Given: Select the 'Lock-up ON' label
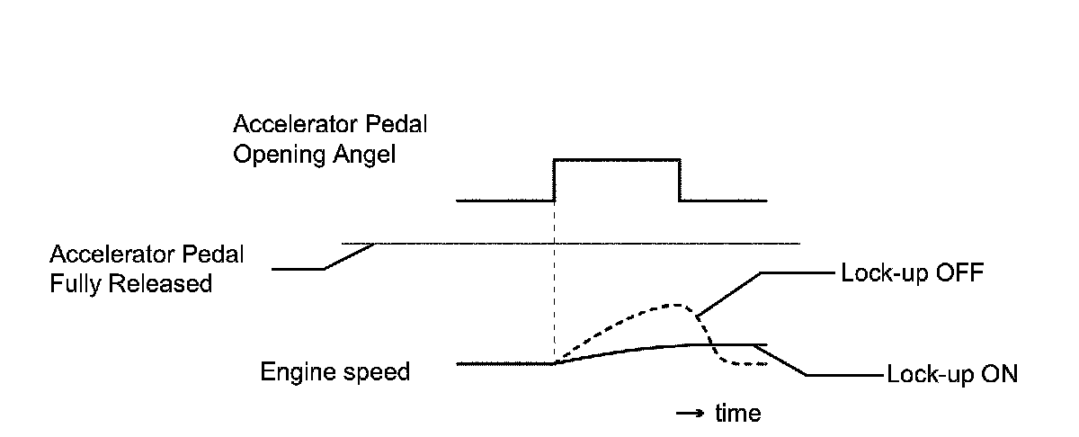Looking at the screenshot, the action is point(952,374).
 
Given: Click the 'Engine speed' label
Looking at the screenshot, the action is point(334,370).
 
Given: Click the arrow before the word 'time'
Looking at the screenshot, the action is point(690,413).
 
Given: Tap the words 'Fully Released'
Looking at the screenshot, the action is point(133,283).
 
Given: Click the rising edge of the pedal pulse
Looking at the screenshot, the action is point(555,180).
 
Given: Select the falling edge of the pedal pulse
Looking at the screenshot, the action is point(679,180).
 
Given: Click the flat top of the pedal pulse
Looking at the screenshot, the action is point(617,159).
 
